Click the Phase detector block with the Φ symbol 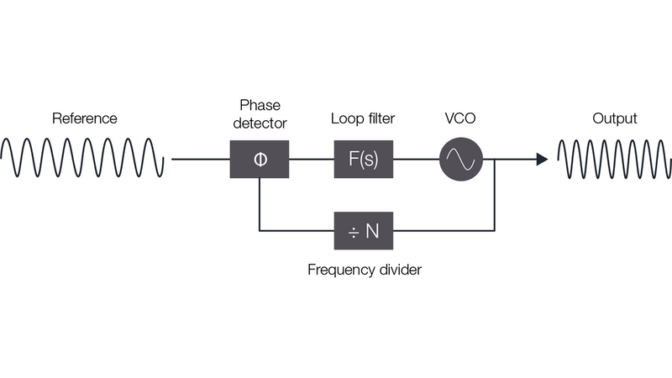tap(259, 159)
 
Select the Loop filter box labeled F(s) tap(364, 159)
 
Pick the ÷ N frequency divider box tap(364, 230)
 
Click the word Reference tap(84, 118)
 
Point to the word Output tap(615, 118)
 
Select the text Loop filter tap(364, 118)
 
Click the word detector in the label tap(259, 123)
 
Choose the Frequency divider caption tap(364, 270)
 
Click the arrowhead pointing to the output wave tap(542, 159)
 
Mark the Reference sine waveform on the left tap(82, 159)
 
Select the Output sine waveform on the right tap(614, 159)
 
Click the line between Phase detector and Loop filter tap(311, 159)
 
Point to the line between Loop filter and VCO tap(416, 159)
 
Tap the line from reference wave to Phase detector tap(201, 159)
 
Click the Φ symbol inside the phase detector tap(259, 159)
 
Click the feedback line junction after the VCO tap(495, 159)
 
